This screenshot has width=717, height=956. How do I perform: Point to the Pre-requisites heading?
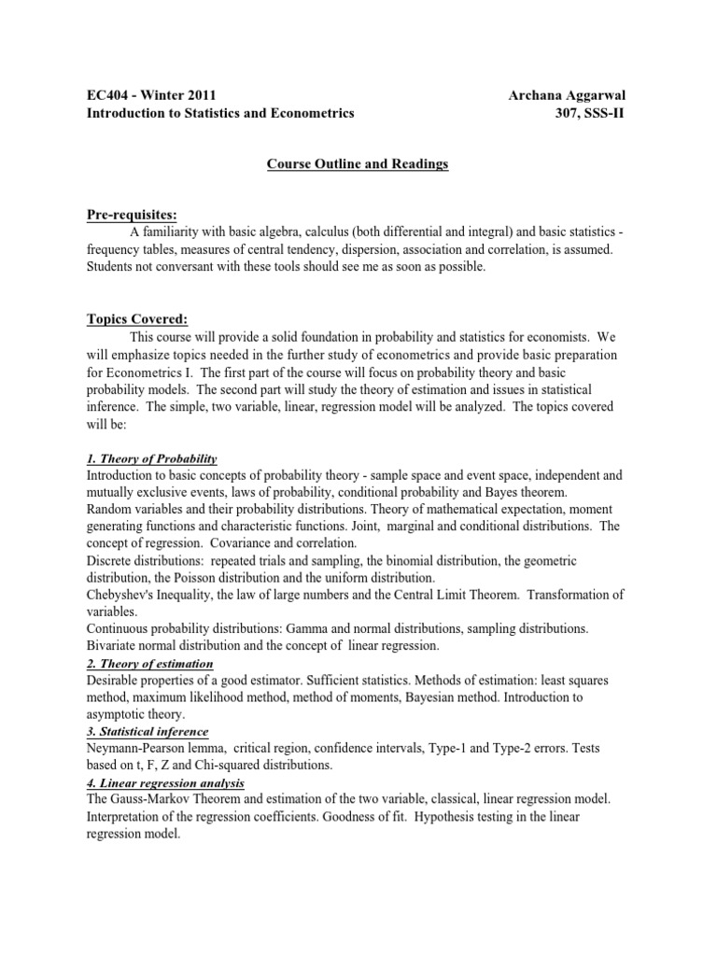click(x=131, y=215)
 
